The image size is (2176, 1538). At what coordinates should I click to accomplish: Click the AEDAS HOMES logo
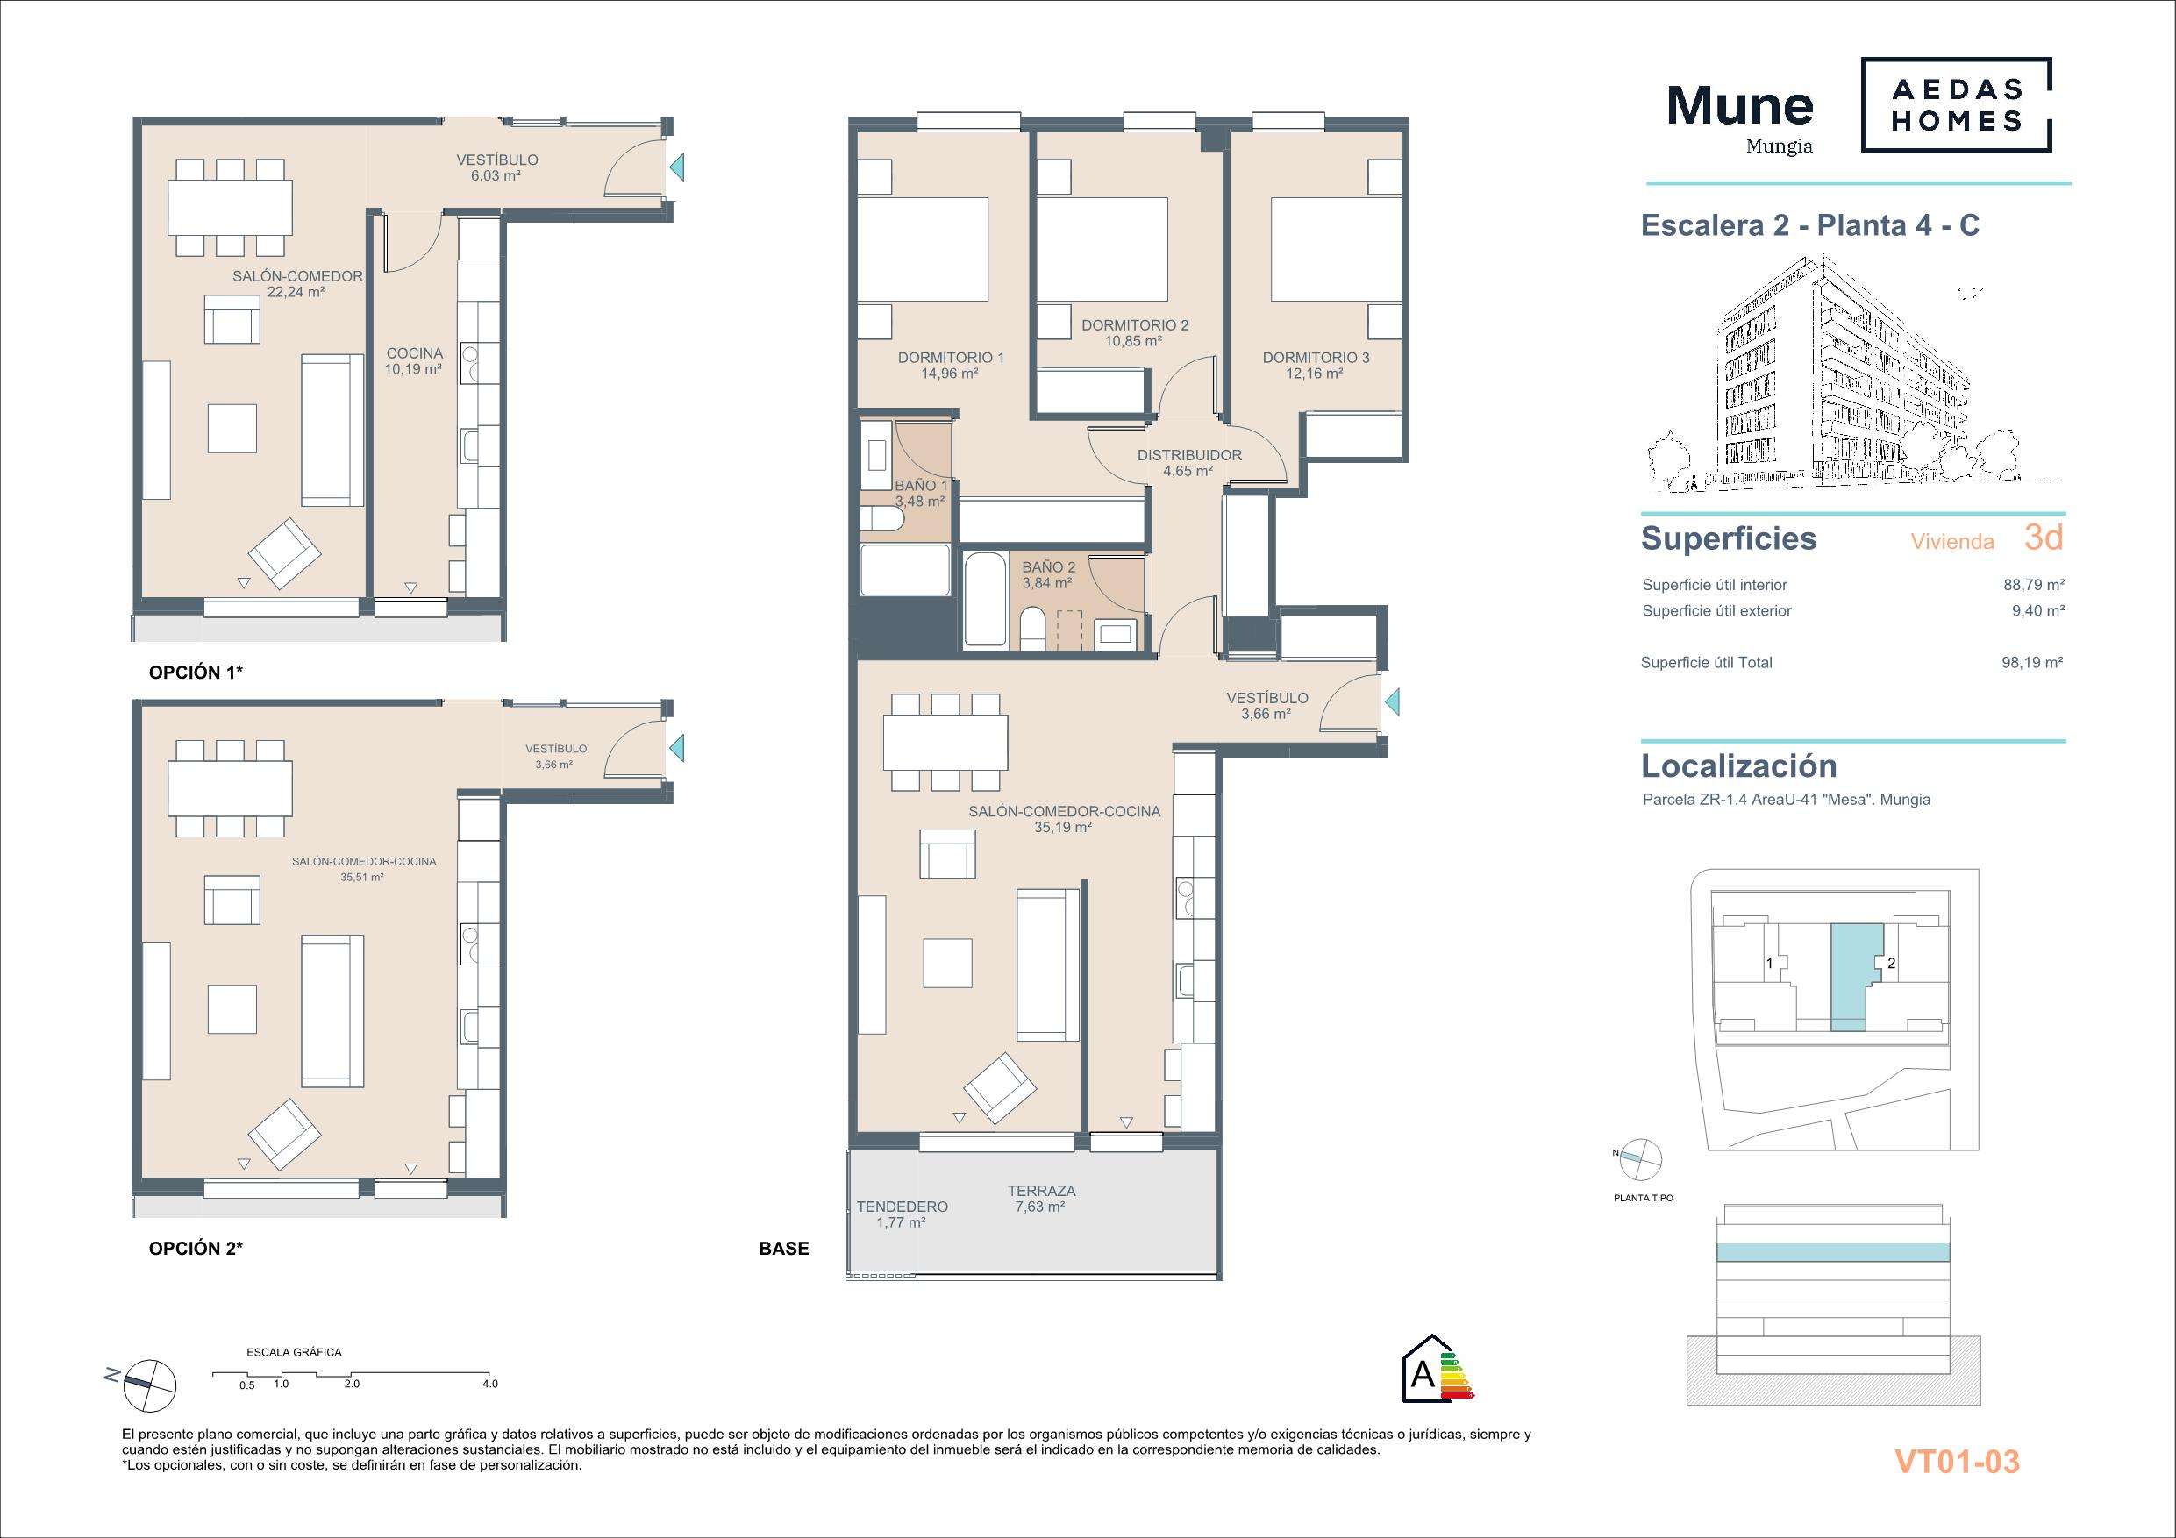(x=1957, y=104)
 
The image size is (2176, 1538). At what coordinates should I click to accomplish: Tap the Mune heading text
(x=1740, y=105)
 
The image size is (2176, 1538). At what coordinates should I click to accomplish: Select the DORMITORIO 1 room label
(x=951, y=357)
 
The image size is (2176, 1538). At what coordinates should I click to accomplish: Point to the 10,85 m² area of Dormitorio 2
(x=1133, y=341)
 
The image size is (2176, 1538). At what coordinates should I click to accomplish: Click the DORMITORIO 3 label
(x=1316, y=357)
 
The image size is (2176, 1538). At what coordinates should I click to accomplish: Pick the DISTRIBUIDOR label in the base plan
(x=1189, y=455)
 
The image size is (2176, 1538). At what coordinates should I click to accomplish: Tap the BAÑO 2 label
(x=1048, y=567)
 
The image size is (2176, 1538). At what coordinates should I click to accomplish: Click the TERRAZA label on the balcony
(x=1042, y=1191)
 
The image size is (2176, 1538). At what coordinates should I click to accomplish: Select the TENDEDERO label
(x=903, y=1207)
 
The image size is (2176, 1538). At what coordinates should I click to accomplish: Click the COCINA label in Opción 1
(x=414, y=353)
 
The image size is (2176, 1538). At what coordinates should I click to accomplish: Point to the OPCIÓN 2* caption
(x=196, y=1249)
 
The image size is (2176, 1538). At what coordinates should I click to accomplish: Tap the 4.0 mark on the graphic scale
(x=489, y=1384)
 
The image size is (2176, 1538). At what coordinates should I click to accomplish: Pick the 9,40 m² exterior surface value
(x=2037, y=611)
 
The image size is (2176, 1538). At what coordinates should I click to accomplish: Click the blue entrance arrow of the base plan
(x=1391, y=703)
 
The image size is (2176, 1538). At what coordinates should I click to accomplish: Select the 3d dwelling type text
(x=2044, y=538)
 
